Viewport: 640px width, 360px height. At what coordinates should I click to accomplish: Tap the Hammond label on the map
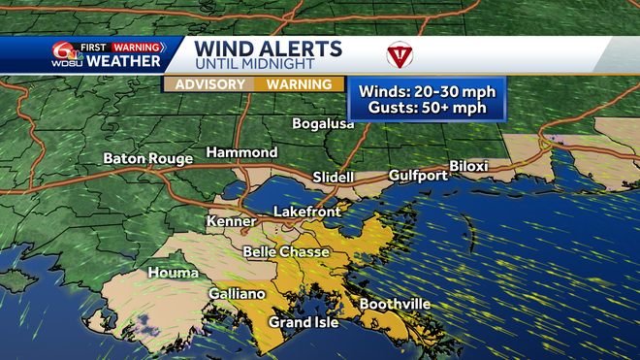241,153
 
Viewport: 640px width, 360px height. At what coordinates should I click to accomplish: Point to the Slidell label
333,178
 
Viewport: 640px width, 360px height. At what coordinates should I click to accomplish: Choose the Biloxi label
468,166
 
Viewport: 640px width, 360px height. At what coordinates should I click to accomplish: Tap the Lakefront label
306,211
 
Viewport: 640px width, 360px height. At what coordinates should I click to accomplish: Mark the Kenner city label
231,222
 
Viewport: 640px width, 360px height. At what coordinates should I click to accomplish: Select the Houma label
173,274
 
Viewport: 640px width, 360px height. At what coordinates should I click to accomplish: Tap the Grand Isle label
303,322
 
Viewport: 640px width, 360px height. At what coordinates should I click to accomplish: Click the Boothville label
395,305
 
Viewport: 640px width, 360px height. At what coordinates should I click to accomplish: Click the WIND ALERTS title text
268,49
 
